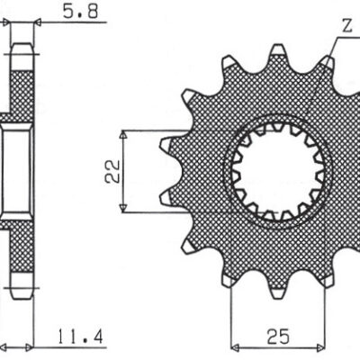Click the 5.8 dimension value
[74, 12]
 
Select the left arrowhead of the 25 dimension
[237, 347]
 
